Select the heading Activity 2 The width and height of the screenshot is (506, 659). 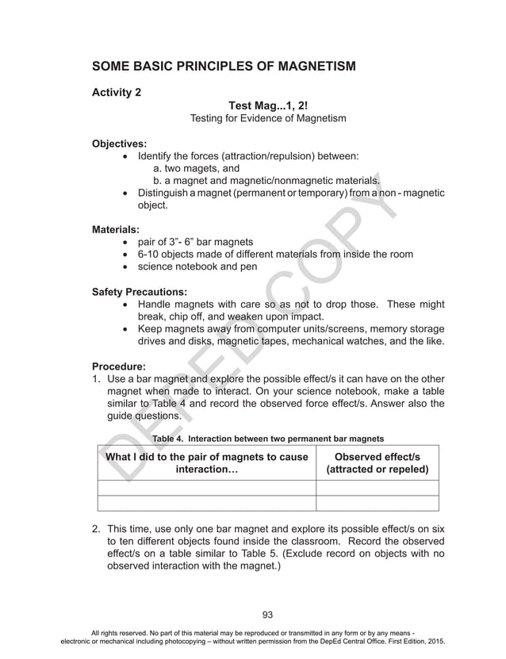[117, 92]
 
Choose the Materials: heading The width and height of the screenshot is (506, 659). [116, 229]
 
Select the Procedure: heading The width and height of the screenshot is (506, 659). [119, 366]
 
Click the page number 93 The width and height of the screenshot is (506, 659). [267, 613]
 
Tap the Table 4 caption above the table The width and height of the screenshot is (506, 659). [268, 438]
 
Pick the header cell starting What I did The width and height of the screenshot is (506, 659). [206, 462]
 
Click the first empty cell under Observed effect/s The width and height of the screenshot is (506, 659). [377, 488]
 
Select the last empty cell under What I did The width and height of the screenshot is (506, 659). [206, 503]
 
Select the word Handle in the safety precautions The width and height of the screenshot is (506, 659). [155, 304]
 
